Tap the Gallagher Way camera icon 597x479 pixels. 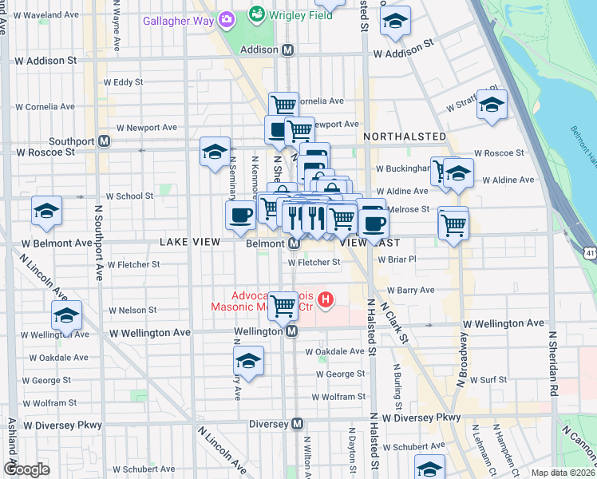tap(227, 18)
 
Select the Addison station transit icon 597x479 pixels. tap(288, 49)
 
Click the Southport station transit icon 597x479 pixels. tap(104, 141)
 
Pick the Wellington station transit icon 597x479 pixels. tap(292, 331)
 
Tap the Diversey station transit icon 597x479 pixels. tap(298, 424)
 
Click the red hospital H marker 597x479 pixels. tap(326, 300)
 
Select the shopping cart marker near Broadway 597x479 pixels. tap(453, 223)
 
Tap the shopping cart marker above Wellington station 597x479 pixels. tap(282, 303)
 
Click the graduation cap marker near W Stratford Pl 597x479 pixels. tap(492, 105)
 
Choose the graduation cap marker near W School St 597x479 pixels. tap(47, 212)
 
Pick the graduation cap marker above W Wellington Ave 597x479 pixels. tap(66, 315)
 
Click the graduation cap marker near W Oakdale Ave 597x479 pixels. tap(249, 361)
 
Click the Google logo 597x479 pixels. tap(26, 469)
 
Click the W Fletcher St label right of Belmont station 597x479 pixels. tap(314, 262)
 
